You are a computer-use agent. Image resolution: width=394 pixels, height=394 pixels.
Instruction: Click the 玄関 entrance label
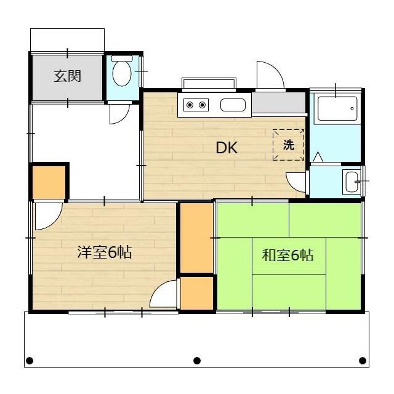coord(68,77)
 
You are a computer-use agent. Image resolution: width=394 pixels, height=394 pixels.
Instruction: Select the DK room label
coord(226,148)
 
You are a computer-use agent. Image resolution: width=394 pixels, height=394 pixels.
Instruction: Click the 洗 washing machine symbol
coord(289,145)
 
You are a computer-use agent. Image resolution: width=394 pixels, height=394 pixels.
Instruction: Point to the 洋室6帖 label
coord(104,252)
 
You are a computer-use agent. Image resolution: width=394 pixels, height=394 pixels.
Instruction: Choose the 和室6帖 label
coord(288,255)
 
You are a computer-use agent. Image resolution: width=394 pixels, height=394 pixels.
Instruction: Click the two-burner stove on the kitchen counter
coord(195,105)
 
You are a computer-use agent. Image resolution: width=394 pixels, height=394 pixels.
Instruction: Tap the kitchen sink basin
coord(233,105)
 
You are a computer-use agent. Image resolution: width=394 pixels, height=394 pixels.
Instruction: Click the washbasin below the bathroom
coord(352,182)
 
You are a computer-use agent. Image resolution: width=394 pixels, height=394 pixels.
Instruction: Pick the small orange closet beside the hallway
coord(49,181)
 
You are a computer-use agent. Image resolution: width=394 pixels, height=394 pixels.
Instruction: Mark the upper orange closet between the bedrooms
coord(196,238)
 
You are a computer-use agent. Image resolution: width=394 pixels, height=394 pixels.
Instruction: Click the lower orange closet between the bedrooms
coord(196,294)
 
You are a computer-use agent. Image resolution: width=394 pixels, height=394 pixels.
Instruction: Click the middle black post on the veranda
coord(197,361)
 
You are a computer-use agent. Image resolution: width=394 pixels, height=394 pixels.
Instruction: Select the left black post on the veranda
coord(29,361)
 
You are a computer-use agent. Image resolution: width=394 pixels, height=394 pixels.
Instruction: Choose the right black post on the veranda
coord(363,361)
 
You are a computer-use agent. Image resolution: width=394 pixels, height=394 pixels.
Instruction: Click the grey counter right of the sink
coord(278,103)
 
